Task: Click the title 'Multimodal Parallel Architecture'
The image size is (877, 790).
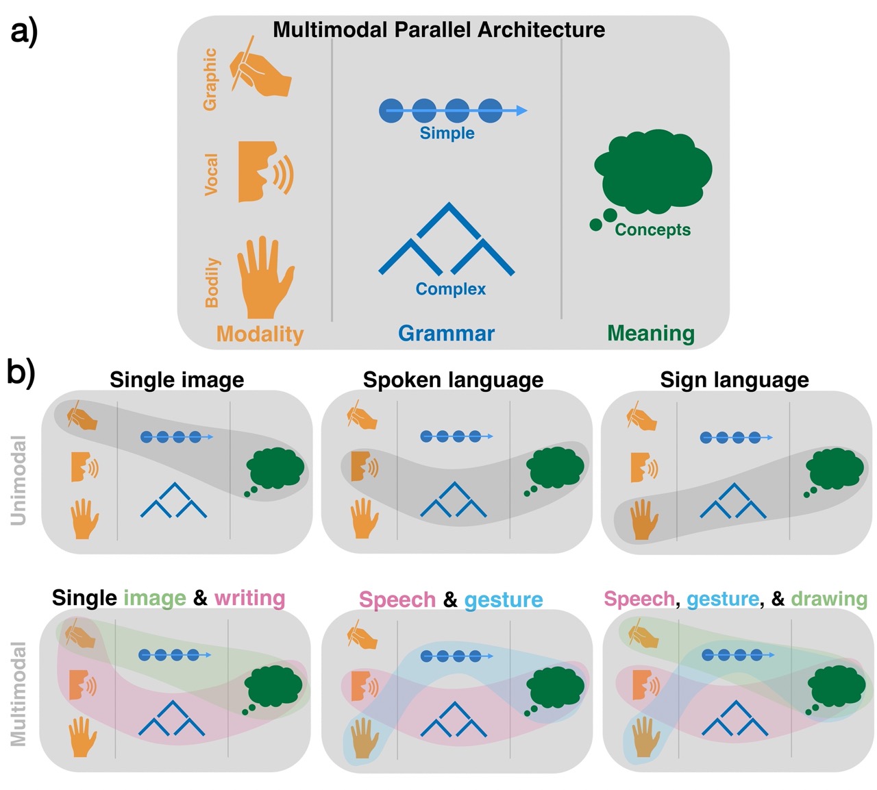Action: tap(438, 30)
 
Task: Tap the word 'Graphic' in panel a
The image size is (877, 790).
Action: tap(210, 79)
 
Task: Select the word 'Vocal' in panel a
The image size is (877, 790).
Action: tap(212, 174)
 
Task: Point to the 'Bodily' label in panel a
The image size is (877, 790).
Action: tap(212, 282)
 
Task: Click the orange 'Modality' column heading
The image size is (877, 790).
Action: tap(260, 334)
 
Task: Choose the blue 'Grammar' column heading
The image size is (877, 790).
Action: tap(446, 334)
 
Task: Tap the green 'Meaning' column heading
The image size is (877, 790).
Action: tap(650, 334)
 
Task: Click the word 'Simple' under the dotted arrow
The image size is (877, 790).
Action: tap(447, 133)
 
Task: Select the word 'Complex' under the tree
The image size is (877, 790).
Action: tap(450, 289)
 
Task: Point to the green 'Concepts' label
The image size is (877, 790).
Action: tap(652, 230)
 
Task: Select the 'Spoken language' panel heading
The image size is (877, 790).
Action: tap(453, 380)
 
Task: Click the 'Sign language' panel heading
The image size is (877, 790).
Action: tap(734, 380)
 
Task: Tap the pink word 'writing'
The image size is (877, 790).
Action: tap(249, 598)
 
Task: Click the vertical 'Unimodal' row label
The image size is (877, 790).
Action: tap(19, 480)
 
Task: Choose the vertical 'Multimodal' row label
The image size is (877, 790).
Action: tap(18, 693)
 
